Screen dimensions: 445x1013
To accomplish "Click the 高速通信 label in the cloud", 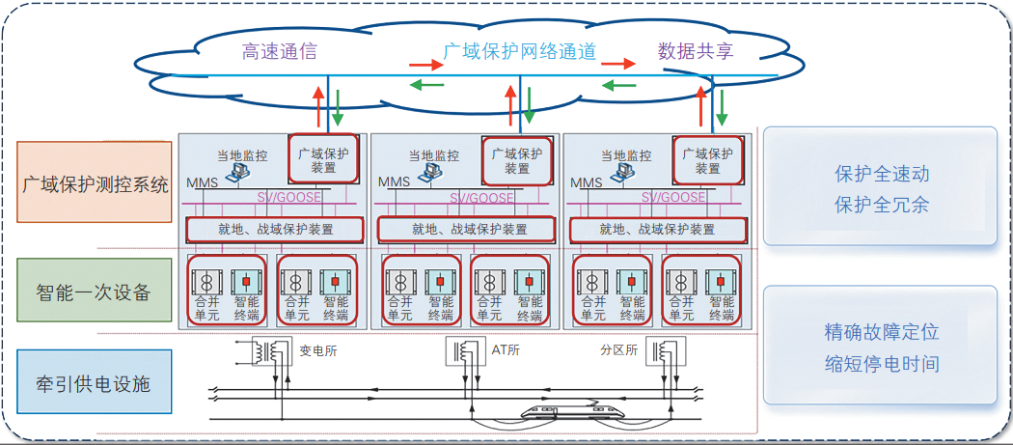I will [x=280, y=51].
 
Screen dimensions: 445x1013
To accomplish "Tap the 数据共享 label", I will [x=696, y=50].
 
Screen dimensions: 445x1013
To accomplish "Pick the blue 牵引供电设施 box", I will [x=95, y=384].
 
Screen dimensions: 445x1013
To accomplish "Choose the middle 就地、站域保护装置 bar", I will [x=467, y=230].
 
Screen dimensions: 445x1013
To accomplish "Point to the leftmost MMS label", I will [x=202, y=182].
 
